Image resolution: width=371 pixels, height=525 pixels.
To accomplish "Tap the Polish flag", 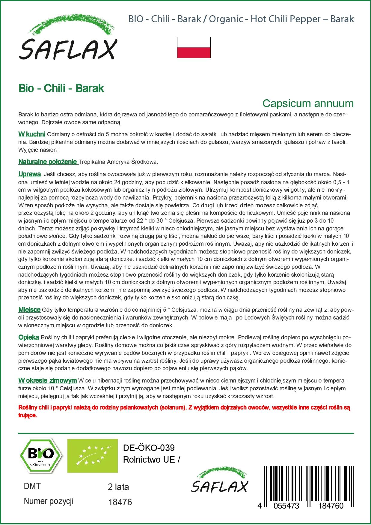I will coord(194,47).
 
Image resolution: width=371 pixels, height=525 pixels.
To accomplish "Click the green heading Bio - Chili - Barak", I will coord(61,88).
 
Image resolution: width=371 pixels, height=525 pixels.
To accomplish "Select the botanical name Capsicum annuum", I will coord(308,103).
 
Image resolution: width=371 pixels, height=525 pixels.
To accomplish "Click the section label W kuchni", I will coord(32,134).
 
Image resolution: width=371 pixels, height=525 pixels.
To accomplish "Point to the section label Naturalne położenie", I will coord(48,162).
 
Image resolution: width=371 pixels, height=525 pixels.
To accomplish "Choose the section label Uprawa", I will coord(30,174).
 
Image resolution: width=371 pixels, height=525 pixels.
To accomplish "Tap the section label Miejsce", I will coord(29,310).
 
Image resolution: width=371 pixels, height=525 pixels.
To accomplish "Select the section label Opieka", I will coord(28,337).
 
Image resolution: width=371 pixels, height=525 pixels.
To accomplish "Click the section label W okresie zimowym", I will coord(47,381).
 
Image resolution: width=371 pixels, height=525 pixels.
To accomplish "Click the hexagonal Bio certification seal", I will coord(41,456).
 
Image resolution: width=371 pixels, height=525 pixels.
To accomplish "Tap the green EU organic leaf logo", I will coord(92,456).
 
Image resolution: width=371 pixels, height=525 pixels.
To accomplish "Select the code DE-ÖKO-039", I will coord(149,448).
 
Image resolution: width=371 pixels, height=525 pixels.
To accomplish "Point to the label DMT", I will coord(32,486).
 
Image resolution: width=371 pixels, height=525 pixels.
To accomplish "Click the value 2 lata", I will coord(118,487).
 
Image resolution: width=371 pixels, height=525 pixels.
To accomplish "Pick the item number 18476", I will coord(120,502).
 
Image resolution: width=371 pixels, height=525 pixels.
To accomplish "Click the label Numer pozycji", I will coord(49,501).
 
